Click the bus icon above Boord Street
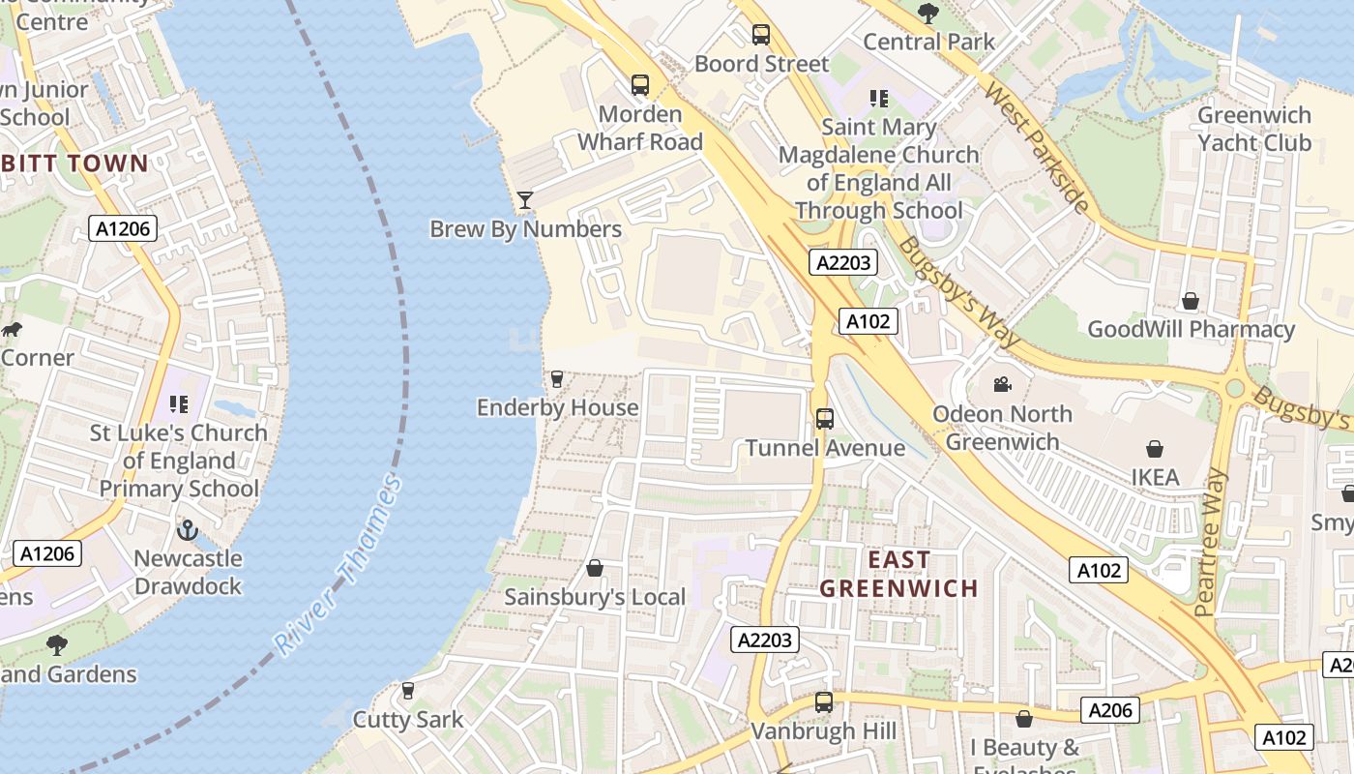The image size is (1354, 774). point(761,35)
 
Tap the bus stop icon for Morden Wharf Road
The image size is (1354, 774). point(640,85)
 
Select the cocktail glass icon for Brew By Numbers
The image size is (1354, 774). point(525,200)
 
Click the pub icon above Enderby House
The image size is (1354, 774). point(557,378)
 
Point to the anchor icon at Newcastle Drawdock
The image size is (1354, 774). point(188,529)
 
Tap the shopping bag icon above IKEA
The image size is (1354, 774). point(1155,449)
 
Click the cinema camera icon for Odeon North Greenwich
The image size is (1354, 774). point(1002,385)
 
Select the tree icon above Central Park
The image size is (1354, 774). point(928,13)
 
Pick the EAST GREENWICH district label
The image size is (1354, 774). point(899,574)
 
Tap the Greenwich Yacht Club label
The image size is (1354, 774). point(1254,129)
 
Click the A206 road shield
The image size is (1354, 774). point(1109,710)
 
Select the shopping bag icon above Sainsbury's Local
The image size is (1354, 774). point(595,568)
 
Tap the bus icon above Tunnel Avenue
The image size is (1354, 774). point(825,419)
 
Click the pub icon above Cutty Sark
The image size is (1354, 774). point(408,691)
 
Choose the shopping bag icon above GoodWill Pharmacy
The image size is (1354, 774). point(1191,301)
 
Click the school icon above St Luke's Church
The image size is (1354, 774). point(178,403)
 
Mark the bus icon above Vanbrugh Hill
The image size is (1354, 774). point(824,702)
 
